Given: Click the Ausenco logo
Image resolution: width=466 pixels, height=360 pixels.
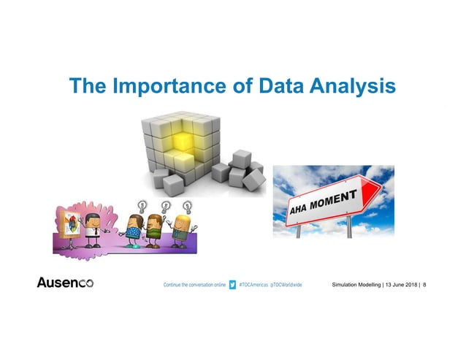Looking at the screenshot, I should click(x=65, y=283).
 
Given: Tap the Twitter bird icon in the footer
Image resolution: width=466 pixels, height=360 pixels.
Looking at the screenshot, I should click(x=233, y=283).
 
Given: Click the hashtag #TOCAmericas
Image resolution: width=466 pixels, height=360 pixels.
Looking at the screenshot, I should click(x=253, y=283).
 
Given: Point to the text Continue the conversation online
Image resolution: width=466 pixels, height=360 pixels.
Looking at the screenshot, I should click(x=194, y=283).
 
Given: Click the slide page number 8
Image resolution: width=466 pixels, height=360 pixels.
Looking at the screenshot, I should click(x=425, y=283).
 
